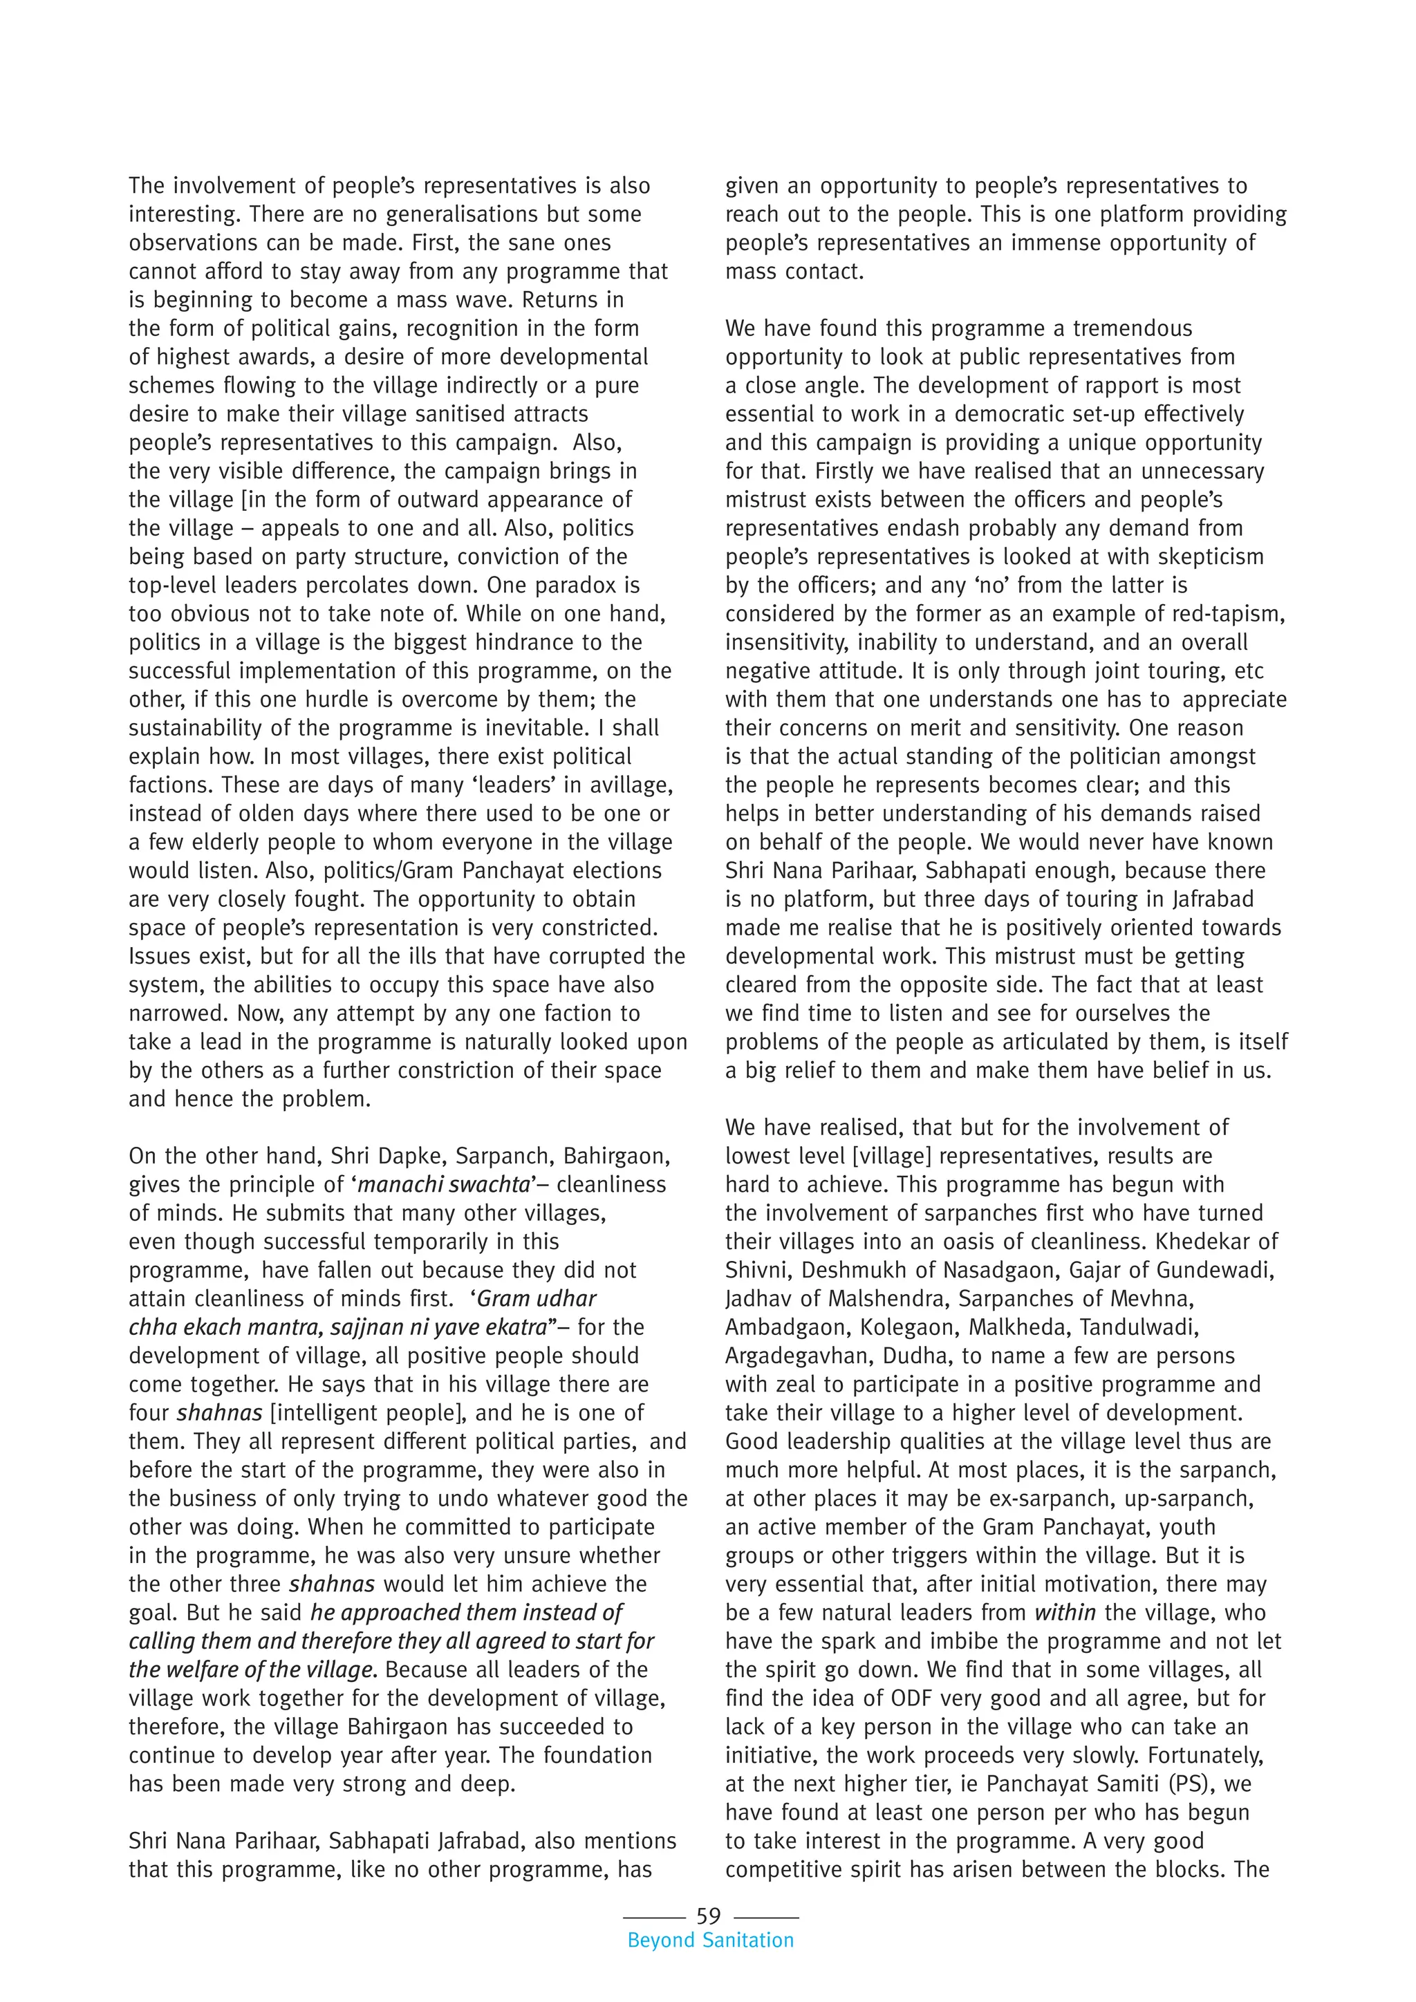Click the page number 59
coord(708,1916)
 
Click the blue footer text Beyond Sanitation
coord(711,1940)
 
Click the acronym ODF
coord(915,1699)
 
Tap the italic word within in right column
coord(1065,1612)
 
